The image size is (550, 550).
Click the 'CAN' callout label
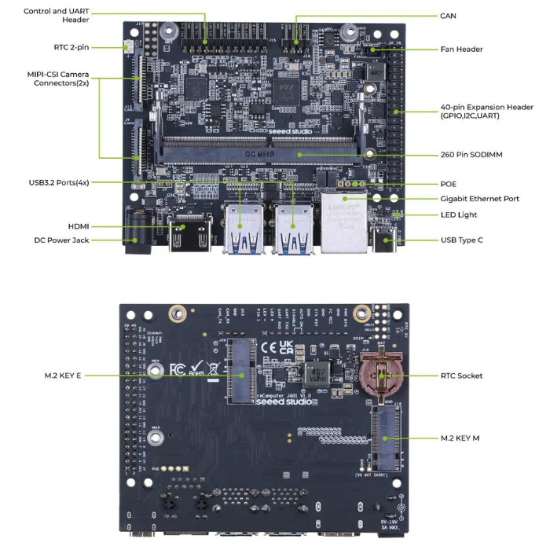(x=449, y=16)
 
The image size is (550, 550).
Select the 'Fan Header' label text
(x=462, y=49)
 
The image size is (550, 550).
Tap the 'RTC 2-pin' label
(x=71, y=47)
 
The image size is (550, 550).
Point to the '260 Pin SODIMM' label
(x=471, y=155)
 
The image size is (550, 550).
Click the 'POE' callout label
(x=449, y=183)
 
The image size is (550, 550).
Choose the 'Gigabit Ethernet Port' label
(x=479, y=199)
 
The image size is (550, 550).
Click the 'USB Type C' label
(x=462, y=240)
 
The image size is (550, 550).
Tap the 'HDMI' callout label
(x=79, y=226)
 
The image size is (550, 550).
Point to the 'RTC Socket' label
(x=462, y=376)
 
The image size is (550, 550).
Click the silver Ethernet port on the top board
(x=343, y=223)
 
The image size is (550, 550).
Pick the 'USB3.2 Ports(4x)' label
(x=59, y=182)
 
